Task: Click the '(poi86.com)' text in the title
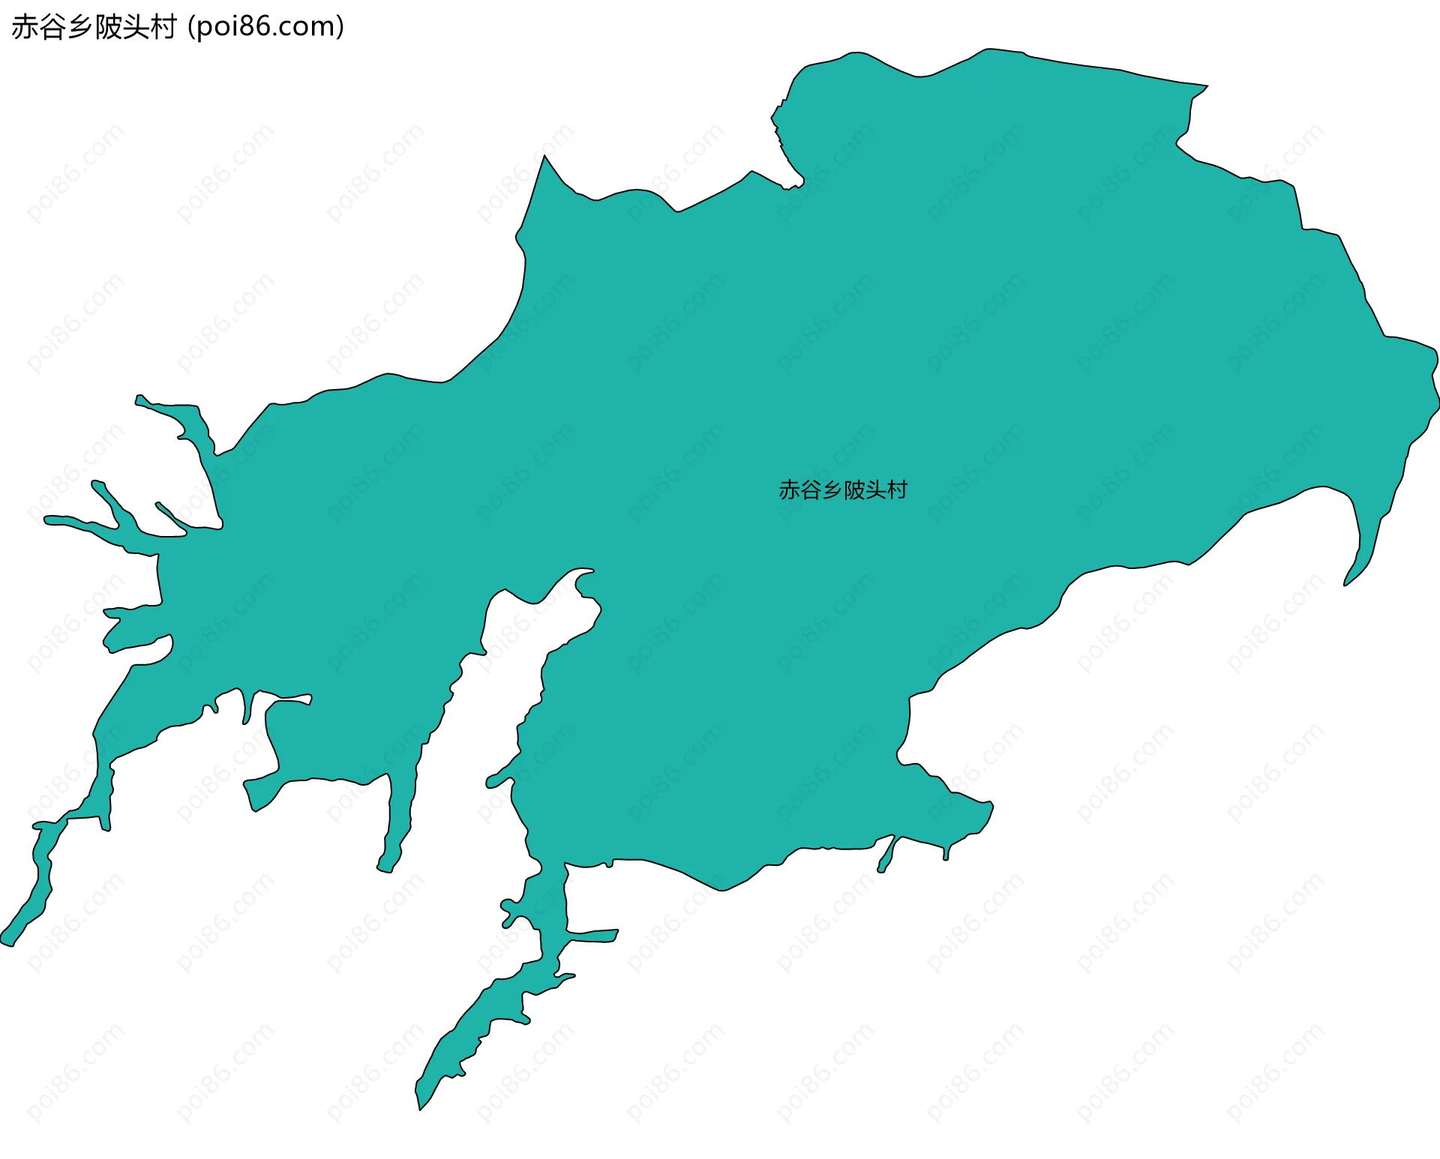pos(266,27)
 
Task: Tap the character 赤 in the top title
pos(24,27)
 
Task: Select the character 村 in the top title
pos(163,27)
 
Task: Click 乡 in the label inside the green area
pos(832,490)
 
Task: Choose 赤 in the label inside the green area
pos(789,490)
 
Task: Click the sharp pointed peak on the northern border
pos(545,157)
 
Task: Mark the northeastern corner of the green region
pos(1204,86)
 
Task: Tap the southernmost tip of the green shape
pos(420,1107)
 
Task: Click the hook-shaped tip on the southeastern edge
pos(1347,582)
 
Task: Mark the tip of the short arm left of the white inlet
pos(385,869)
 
